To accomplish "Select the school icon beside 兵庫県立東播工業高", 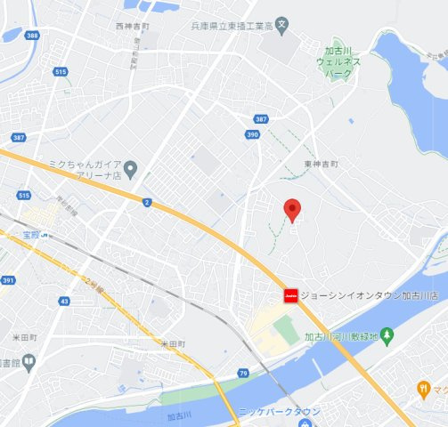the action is pyautogui.click(x=281, y=24).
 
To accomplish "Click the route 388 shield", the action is pyautogui.click(x=33, y=35).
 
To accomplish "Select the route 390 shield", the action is pyautogui.click(x=252, y=134).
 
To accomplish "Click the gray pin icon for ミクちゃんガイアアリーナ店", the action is pyautogui.click(x=131, y=168).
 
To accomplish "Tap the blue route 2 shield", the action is pyautogui.click(x=146, y=202).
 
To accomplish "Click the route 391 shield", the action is pyautogui.click(x=8, y=280).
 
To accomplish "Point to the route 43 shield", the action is pyautogui.click(x=64, y=302).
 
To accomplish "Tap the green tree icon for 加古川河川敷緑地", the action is pyautogui.click(x=387, y=336).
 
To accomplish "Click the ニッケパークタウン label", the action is pyautogui.click(x=279, y=412).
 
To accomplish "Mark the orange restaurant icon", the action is pyautogui.click(x=423, y=389).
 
